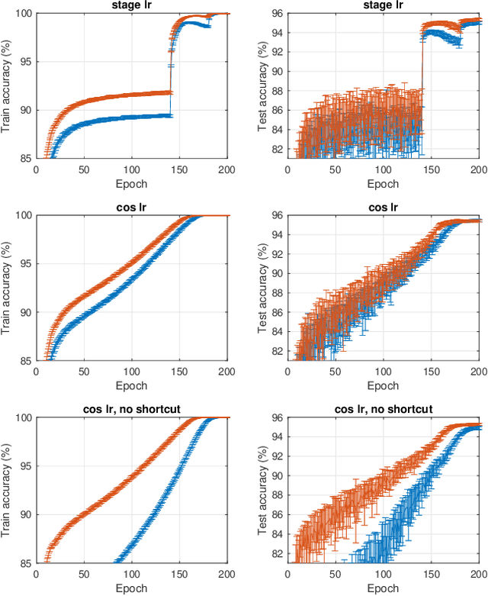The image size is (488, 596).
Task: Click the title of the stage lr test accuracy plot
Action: pyautogui.click(x=384, y=5)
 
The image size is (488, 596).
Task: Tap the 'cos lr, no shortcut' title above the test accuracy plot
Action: pyautogui.click(x=384, y=410)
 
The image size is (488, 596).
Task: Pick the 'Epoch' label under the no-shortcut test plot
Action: pyautogui.click(x=384, y=588)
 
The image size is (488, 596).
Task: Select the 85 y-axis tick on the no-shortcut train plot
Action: pyautogui.click(x=26, y=563)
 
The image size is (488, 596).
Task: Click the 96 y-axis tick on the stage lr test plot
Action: pyautogui.click(x=278, y=14)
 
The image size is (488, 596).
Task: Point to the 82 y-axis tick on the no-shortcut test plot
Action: pyautogui.click(x=278, y=553)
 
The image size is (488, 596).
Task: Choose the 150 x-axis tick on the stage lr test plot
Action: pyautogui.click(x=431, y=170)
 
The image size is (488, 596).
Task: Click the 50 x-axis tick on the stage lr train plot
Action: pyautogui.click(x=84, y=170)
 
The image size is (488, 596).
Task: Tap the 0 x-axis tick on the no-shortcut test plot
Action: pyautogui.click(x=288, y=575)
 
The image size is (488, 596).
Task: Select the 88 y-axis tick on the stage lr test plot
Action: pyautogui.click(x=278, y=91)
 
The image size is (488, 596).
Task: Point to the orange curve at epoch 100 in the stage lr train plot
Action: pyautogui.click(x=132, y=95)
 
